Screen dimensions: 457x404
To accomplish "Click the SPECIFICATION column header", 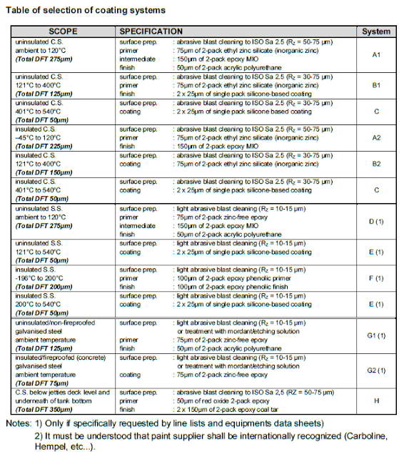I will tap(151, 32).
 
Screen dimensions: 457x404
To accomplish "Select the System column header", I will tap(376, 32).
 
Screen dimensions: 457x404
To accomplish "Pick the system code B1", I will tap(376, 85).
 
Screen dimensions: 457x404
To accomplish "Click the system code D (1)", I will tap(376, 221).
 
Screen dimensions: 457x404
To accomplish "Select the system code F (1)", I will tap(376, 278).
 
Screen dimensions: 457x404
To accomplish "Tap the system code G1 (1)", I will tap(376, 335).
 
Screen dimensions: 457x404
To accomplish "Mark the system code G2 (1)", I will tap(376, 370).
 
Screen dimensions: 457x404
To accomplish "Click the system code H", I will tap(376, 401).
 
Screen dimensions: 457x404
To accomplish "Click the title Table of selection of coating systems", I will tap(89, 10).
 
